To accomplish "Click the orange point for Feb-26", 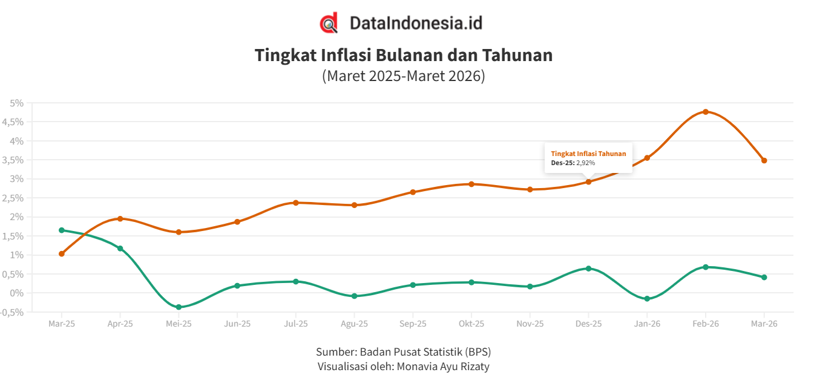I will (x=706, y=112).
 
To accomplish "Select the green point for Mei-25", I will (x=179, y=307).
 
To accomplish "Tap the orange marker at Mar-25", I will (x=62, y=254).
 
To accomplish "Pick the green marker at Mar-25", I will (x=62, y=230).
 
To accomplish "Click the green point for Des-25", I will (x=588, y=269).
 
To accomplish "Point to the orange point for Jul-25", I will (x=296, y=203).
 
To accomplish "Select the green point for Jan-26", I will (x=647, y=299).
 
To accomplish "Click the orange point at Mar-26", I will (x=764, y=161).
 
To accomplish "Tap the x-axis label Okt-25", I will (x=471, y=324).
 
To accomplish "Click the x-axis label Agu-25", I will (x=354, y=324).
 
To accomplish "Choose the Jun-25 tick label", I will (x=237, y=324).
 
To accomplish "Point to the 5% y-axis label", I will (x=16, y=103).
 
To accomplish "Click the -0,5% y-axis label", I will (x=13, y=312).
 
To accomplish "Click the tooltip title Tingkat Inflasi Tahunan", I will (x=588, y=154).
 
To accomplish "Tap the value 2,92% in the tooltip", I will (x=585, y=163).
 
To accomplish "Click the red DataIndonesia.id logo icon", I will (x=329, y=24).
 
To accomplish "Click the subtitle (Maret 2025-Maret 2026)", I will (x=404, y=77).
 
